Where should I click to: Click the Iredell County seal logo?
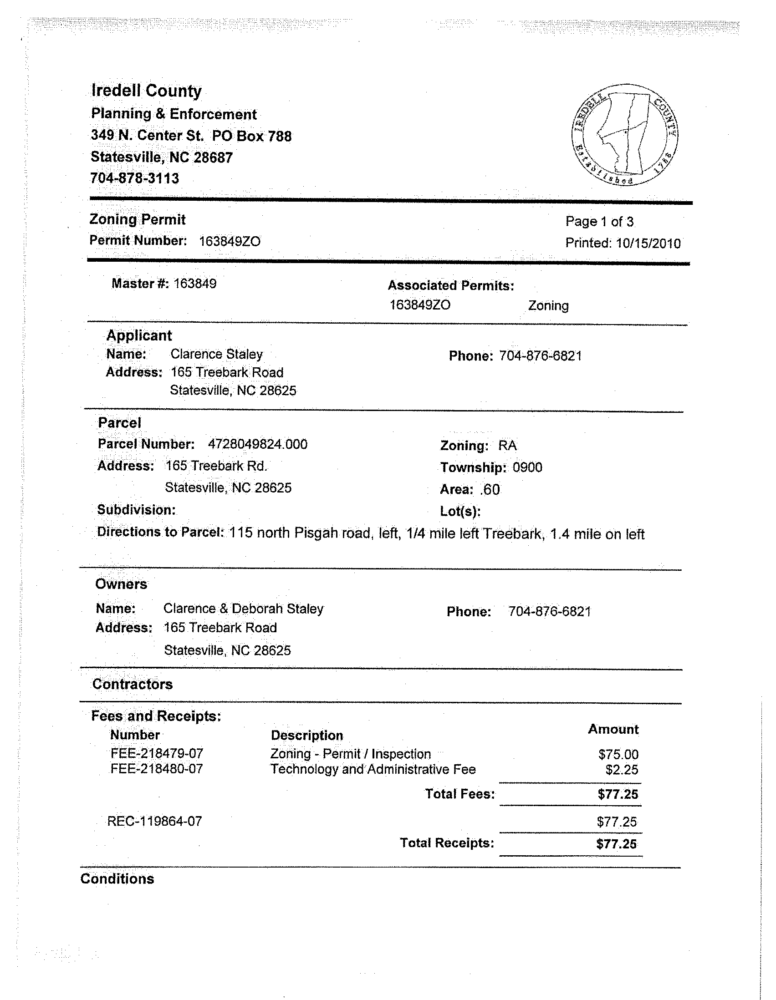[625, 135]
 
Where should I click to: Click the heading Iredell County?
[146, 91]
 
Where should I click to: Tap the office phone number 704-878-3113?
[135, 178]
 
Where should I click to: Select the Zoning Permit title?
[138, 219]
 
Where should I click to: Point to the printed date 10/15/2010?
[648, 243]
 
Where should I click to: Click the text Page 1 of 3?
[599, 222]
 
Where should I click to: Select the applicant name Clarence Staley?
[217, 355]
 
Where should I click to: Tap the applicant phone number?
[541, 356]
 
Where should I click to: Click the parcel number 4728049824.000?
[257, 444]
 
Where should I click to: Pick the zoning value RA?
[507, 446]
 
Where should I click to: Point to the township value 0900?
[527, 467]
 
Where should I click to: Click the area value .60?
[490, 490]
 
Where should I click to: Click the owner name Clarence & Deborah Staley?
[243, 609]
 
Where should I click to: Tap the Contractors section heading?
[133, 684]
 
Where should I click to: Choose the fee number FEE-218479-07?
[157, 754]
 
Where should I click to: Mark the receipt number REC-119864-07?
[154, 821]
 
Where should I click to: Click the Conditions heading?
[117, 878]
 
